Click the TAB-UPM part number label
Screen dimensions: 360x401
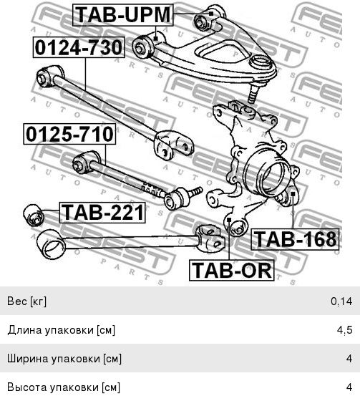[x=123, y=15]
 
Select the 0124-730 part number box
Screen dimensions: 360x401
[x=79, y=47]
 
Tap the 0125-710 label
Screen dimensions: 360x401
[x=69, y=134]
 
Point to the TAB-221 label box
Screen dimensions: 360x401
[x=102, y=213]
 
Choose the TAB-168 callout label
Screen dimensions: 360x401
[x=295, y=239]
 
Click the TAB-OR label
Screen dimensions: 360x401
[x=232, y=271]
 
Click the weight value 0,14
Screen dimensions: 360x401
[x=341, y=301]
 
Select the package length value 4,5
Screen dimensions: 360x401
[x=345, y=330]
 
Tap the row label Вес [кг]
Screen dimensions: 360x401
[x=27, y=301]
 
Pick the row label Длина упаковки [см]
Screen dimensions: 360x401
[x=62, y=330]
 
